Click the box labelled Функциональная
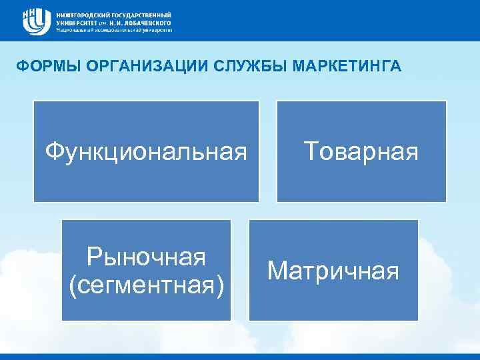point(146,151)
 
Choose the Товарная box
point(361,151)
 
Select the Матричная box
point(333,270)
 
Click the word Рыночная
point(146,257)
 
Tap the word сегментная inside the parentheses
point(146,284)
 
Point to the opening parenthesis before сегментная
point(72,285)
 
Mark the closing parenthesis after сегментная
point(221,285)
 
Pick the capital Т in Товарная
point(312,151)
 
